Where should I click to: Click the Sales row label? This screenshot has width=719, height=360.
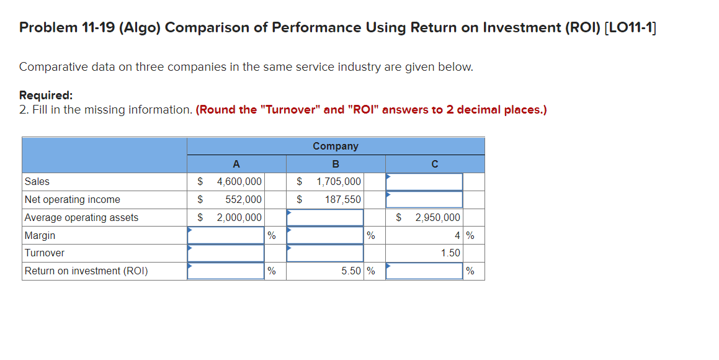point(37,182)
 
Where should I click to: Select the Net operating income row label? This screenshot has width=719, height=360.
point(72,200)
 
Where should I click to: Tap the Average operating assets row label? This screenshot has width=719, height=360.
point(81,218)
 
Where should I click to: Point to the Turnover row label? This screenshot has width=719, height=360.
point(44,253)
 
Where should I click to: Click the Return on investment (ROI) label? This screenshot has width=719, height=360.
point(86,271)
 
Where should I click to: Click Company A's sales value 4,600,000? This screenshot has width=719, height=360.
point(239,182)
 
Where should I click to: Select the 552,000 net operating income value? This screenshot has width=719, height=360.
point(243,200)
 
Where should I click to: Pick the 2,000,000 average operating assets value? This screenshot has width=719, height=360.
point(239,218)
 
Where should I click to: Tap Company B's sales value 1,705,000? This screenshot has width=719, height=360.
point(338,182)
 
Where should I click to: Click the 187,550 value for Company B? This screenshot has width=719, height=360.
point(342,200)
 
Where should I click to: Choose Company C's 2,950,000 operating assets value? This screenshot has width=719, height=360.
point(437,218)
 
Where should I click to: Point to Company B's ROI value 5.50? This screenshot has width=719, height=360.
point(351,271)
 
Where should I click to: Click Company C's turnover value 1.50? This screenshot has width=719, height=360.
point(450,253)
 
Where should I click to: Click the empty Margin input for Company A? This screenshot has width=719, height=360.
point(226,236)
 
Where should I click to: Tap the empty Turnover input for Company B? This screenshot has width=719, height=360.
point(325,253)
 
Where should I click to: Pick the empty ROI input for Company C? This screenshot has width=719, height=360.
point(424,271)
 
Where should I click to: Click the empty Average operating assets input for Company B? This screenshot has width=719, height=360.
point(325,218)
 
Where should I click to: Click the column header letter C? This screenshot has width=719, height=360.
point(434,164)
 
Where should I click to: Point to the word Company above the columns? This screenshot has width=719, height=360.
point(336,146)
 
